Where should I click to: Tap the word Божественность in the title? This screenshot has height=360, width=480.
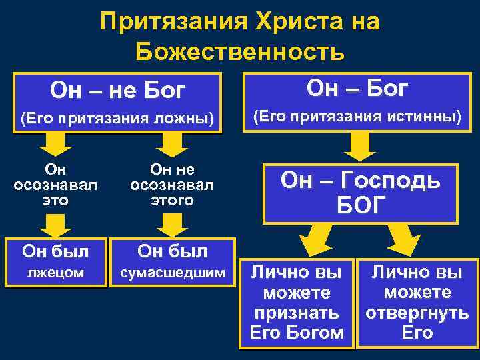pos(239,51)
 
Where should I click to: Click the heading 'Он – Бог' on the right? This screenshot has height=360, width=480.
pos(357,89)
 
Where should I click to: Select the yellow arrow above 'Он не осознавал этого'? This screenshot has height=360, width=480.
pos(172,143)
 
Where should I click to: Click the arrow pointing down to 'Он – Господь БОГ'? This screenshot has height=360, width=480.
pos(359,145)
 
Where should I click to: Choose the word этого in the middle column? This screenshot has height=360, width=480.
pos(172,200)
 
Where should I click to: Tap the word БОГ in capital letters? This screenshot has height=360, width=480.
pos(361,206)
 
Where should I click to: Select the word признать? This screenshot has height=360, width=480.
pos(297,313)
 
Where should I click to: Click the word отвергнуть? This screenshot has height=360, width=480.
pos(417,313)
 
